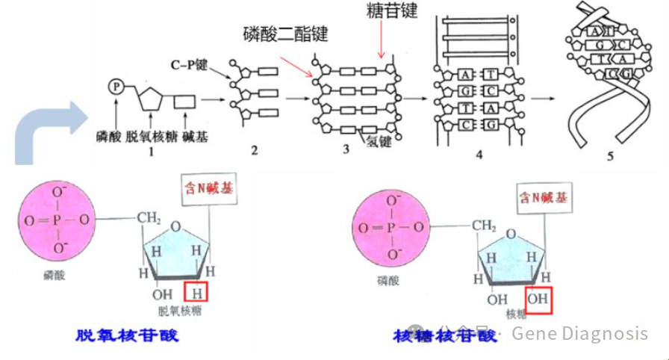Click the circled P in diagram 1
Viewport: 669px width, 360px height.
coord(116,87)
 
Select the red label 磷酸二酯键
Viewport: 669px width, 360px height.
coord(285,33)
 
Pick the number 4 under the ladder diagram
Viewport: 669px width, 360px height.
coord(479,154)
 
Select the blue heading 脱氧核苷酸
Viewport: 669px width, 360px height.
coord(128,335)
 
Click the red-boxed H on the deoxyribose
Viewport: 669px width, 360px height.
coord(197,290)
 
